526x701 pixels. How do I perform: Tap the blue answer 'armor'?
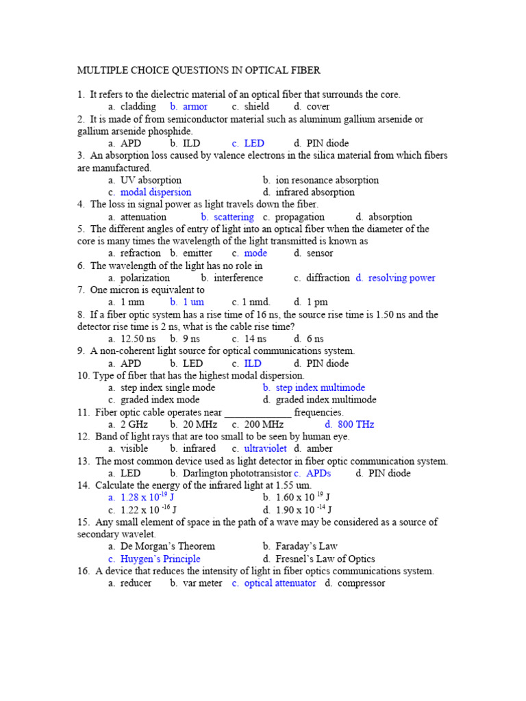[195, 107]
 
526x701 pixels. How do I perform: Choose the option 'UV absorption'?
[151, 180]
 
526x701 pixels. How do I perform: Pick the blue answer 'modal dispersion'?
[155, 192]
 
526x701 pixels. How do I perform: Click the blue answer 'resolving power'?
[401, 278]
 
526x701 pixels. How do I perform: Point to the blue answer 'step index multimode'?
[320, 387]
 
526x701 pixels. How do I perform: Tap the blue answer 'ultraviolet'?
[265, 448]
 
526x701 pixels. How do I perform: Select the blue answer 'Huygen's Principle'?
[160, 559]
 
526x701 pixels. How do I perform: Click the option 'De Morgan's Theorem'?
[167, 546]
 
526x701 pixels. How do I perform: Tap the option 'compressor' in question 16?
[361, 583]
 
